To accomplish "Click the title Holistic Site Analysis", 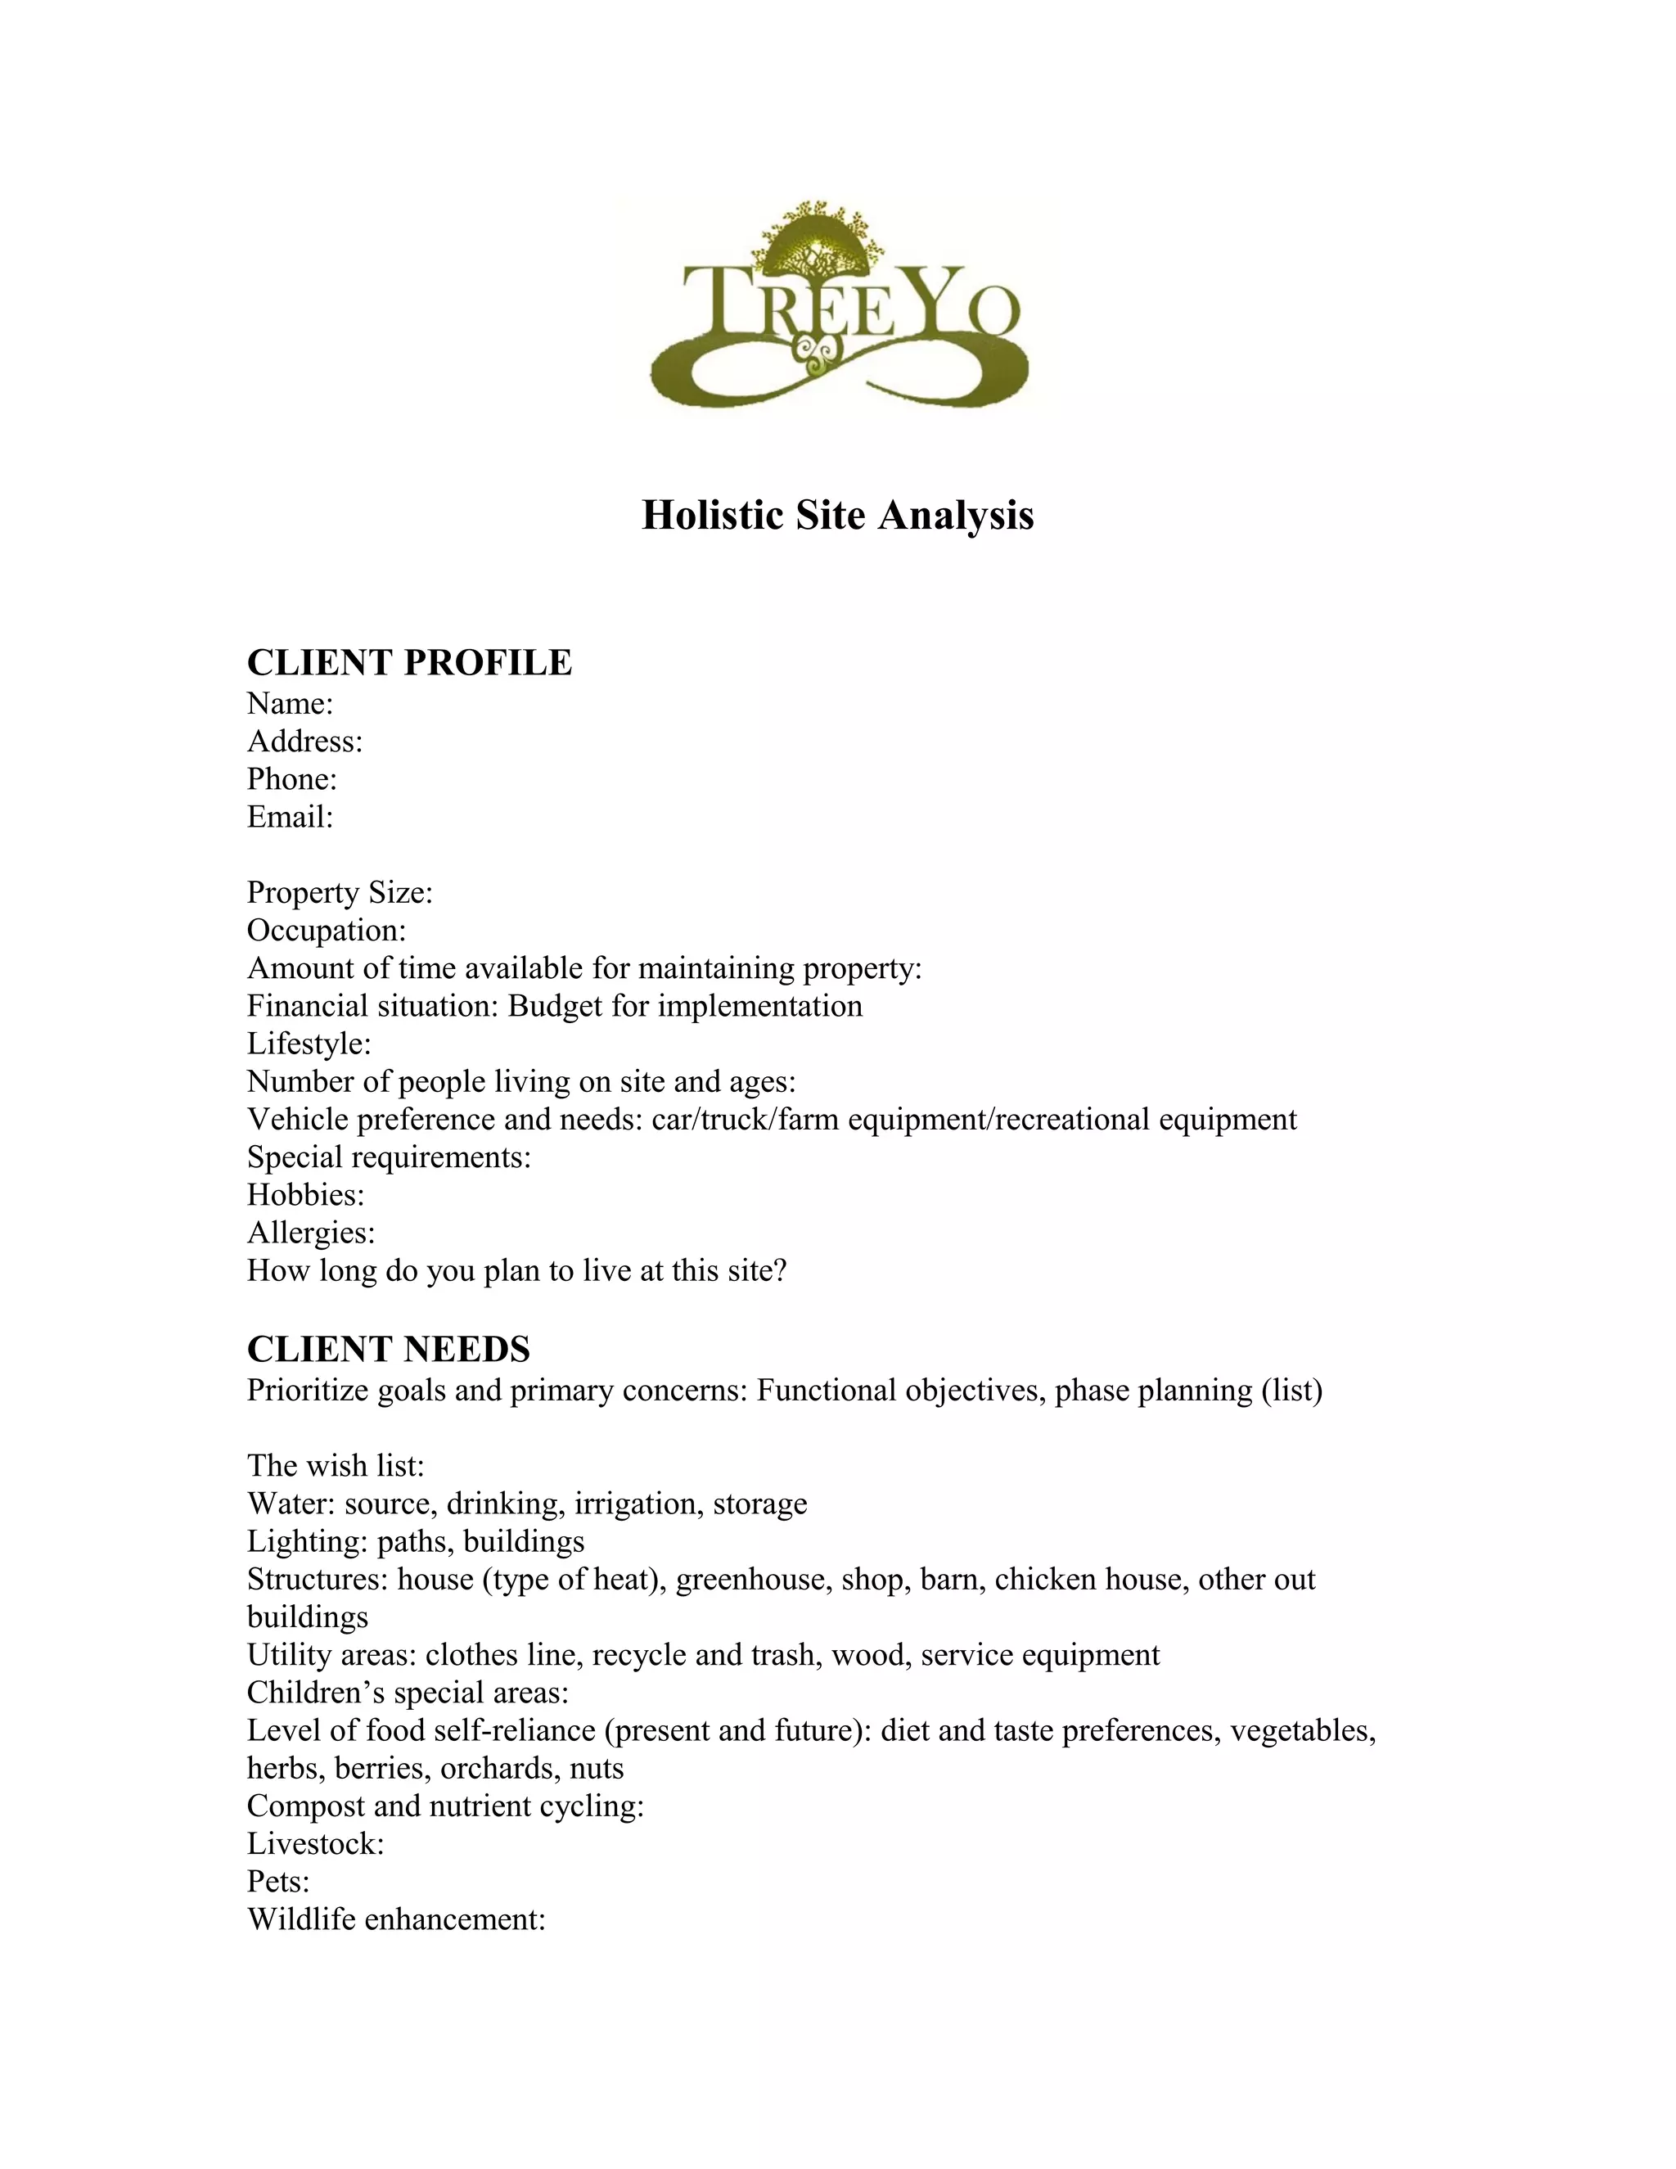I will coord(837,516).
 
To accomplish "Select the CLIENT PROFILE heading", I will coord(409,662).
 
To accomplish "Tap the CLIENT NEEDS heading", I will coord(388,1349).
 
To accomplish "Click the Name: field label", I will coord(290,703).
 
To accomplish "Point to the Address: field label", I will coord(304,741).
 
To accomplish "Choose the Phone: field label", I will coord(292,778).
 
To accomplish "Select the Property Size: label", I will coord(340,892).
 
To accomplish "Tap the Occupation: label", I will coord(327,930).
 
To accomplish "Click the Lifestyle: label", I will coord(309,1044).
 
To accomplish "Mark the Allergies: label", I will coord(311,1233).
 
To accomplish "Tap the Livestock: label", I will coord(316,1844).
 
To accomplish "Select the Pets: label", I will coord(278,1882).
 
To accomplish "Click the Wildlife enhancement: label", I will coord(396,1919).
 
